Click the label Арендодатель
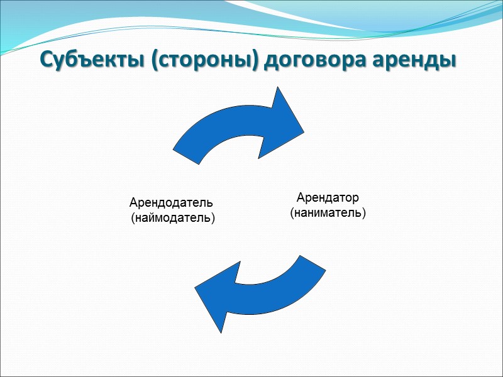pos(171,203)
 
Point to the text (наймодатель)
pos(172,218)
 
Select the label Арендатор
pos(328,198)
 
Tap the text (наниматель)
pos(328,213)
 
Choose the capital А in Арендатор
pos(301,198)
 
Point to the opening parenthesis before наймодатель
pos(132,219)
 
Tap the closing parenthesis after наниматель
pos(364,214)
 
